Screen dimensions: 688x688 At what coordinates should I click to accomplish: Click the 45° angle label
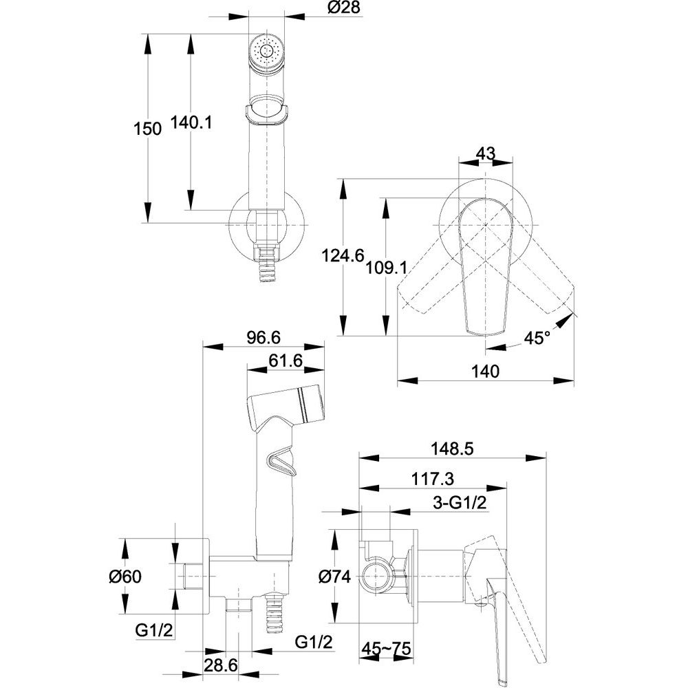tap(537, 338)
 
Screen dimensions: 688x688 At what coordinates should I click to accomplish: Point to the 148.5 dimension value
tap(453, 449)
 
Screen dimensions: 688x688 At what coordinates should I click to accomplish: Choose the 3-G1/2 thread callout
tap(460, 503)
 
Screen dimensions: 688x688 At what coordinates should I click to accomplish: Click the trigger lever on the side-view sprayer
tap(278, 462)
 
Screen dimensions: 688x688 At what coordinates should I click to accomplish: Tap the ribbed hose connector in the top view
tap(266, 264)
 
